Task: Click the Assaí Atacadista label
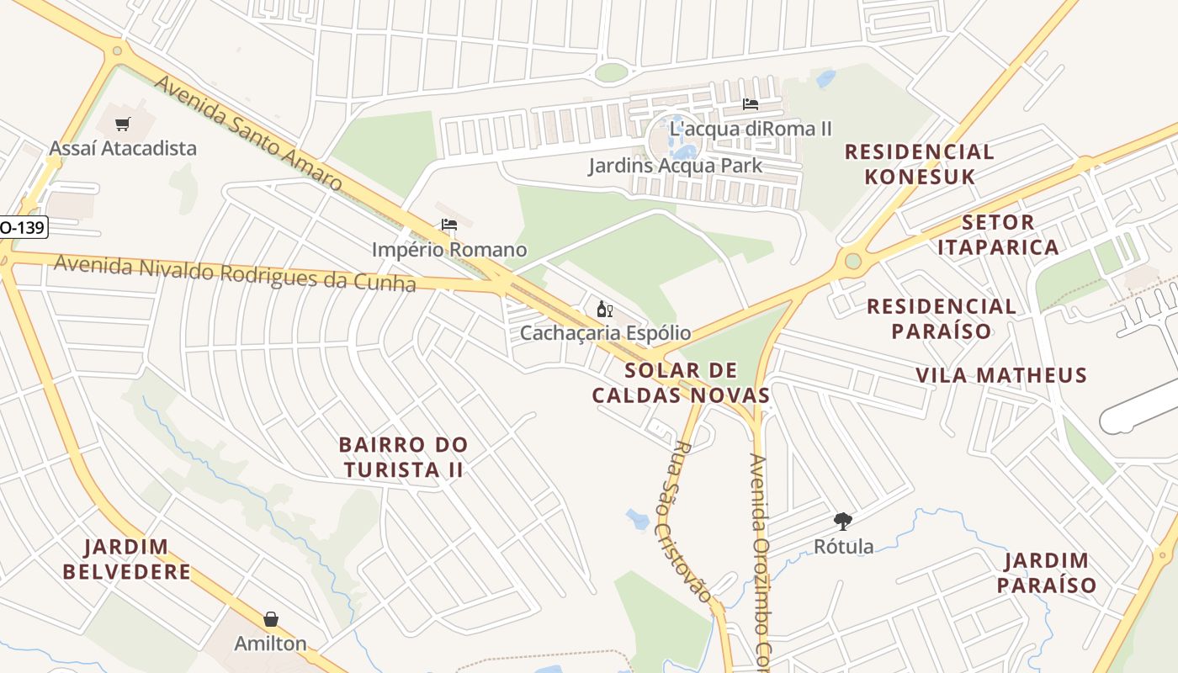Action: pos(123,148)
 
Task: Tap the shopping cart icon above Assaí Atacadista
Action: pos(123,125)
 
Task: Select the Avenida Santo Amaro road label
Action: pos(247,133)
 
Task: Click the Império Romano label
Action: pos(449,250)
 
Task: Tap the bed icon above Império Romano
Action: pos(449,225)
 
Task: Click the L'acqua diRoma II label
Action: pos(751,129)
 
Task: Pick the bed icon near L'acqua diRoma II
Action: pos(751,104)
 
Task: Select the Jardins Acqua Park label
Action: pos(675,165)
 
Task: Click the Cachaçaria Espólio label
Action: pos(605,332)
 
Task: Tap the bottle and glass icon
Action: pos(604,309)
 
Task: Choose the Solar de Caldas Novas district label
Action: pos(681,383)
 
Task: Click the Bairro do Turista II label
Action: pos(403,457)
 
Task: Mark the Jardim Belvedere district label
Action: pos(127,559)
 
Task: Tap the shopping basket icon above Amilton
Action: pos(271,620)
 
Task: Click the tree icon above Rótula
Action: pos(842,522)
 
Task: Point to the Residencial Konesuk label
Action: pos(919,164)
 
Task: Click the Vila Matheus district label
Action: pos(1001,375)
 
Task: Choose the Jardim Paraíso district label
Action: pos(1047,573)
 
